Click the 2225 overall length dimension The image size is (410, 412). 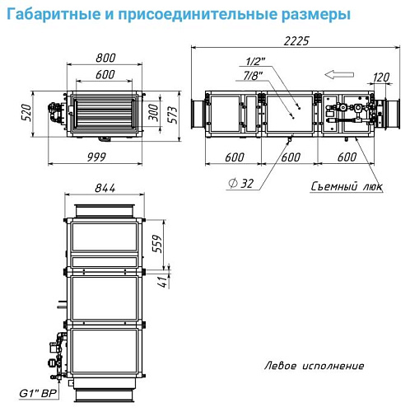pos(296,41)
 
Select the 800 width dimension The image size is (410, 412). pos(105,58)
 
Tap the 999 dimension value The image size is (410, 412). pos(96,157)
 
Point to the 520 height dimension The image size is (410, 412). pos(26,113)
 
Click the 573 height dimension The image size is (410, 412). pos(172,115)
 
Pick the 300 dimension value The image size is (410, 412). pos(154,113)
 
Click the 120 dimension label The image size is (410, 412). pos(381,77)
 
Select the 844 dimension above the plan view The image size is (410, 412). pos(105,188)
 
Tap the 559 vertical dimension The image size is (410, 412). pos(157,244)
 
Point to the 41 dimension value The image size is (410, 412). pos(164,282)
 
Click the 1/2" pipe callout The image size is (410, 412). pos(255,61)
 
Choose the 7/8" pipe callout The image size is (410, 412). pos(253,76)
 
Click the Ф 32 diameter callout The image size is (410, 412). pos(240,184)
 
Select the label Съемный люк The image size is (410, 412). pos(347,186)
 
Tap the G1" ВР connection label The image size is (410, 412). pos(38,394)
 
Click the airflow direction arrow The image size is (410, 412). pos(339,74)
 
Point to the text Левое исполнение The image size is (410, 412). pos(314,366)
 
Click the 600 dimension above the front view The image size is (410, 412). pos(105,75)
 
